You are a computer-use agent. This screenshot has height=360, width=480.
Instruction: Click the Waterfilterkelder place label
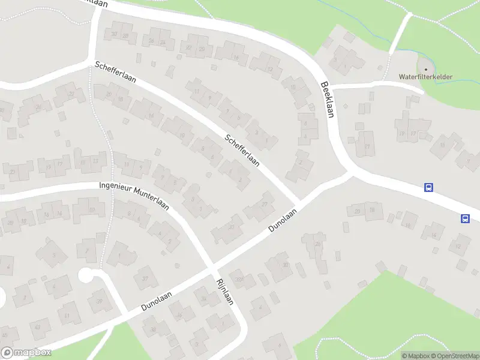click(x=426, y=77)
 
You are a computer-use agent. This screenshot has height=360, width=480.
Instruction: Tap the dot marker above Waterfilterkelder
click(x=426, y=69)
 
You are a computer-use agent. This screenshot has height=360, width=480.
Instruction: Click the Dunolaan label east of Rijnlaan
click(x=283, y=221)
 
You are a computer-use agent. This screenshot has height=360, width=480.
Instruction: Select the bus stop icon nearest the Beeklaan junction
click(x=428, y=188)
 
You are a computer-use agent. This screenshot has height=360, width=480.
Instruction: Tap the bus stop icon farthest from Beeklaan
click(x=465, y=218)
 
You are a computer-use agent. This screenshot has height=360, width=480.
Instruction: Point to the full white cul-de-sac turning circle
click(x=86, y=275)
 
